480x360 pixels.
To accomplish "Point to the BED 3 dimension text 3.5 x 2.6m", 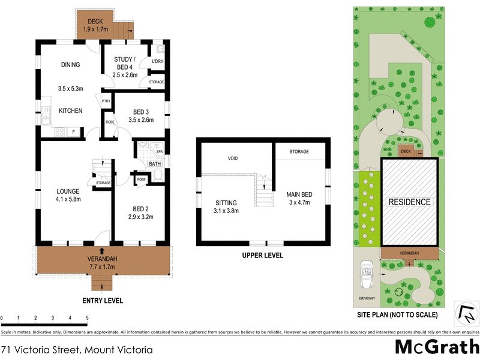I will (x=141, y=120).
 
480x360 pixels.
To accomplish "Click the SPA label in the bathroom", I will (x=160, y=152).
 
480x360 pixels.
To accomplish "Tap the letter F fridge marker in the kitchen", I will (x=73, y=131).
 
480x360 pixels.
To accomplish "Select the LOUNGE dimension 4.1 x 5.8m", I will (x=67, y=200).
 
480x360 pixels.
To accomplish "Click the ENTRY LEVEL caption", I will (x=102, y=300).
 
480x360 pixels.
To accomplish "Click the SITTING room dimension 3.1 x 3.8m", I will (x=226, y=211).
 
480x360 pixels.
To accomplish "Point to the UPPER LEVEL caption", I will (x=263, y=255).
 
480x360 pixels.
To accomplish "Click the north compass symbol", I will (x=467, y=313).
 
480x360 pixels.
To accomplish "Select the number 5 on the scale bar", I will (x=87, y=317).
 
